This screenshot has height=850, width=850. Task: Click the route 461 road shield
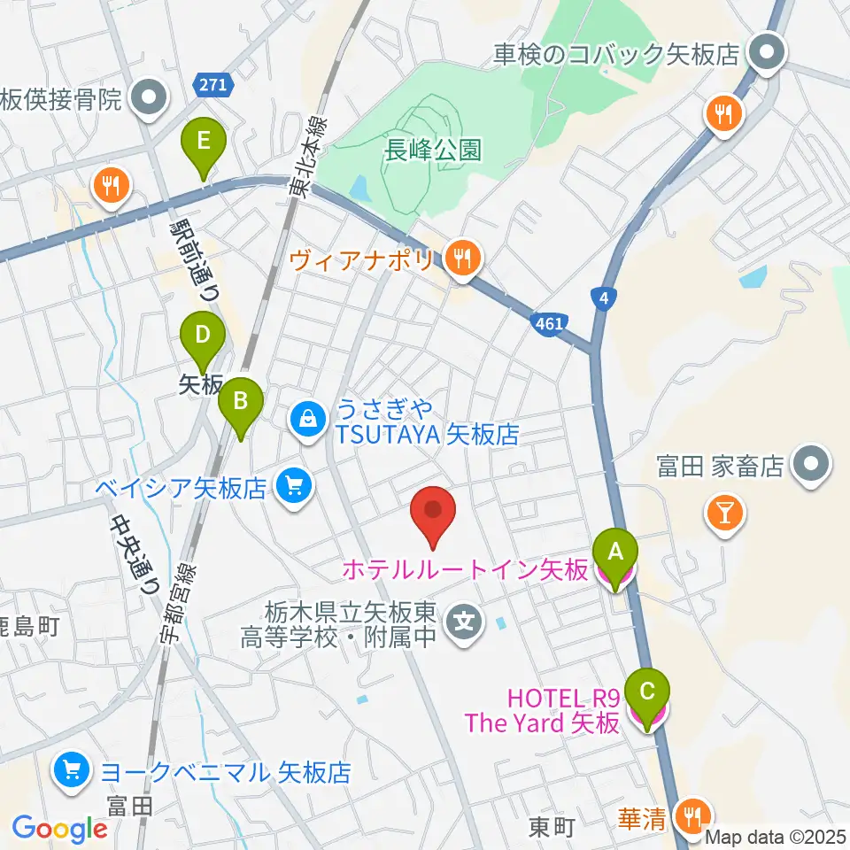[549, 324]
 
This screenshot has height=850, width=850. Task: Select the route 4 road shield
[603, 298]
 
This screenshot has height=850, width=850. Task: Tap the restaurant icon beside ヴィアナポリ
[461, 259]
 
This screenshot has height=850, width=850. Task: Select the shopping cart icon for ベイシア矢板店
[293, 486]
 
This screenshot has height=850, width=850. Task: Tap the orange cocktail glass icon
[724, 513]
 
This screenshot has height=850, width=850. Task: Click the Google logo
[60, 829]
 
